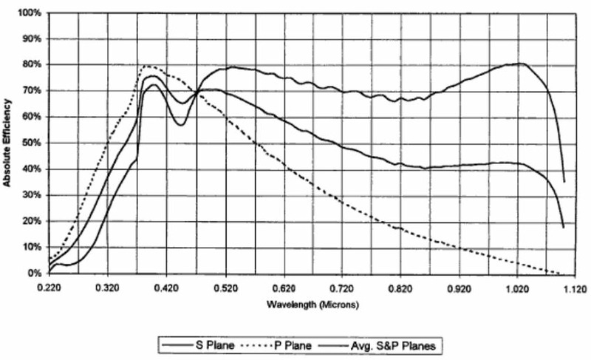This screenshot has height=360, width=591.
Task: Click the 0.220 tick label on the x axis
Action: pos(49,285)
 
